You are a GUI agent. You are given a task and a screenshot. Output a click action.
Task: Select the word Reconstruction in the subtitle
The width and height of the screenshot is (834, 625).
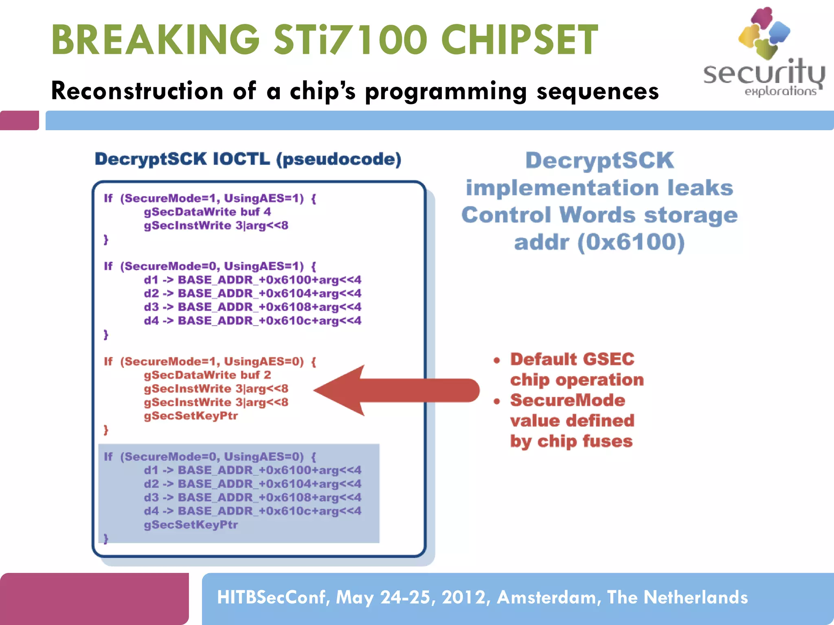point(137,90)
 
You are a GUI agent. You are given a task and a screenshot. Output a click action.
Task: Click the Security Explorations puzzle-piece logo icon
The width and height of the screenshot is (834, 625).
point(764,33)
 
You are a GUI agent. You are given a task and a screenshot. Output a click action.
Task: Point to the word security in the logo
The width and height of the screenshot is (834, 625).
point(763,73)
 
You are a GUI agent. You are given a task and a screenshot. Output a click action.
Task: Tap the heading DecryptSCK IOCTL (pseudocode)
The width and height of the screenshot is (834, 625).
point(248,159)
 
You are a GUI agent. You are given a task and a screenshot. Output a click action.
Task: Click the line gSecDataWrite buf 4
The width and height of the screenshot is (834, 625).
point(207,212)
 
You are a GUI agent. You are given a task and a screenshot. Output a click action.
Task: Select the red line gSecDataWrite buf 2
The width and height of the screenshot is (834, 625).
point(207,375)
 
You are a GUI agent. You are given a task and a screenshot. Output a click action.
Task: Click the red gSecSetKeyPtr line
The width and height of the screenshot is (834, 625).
point(191,416)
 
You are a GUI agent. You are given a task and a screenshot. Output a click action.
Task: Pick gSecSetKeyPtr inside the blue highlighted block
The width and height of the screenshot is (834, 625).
point(191,524)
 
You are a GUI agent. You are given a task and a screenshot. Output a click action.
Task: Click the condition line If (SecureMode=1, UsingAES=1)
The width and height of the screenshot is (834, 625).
point(210,198)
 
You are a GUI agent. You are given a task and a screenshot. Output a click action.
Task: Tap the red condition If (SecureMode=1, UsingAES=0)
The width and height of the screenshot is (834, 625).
point(210,361)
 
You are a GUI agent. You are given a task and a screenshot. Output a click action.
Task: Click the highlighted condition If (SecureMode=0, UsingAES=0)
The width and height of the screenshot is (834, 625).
point(210,457)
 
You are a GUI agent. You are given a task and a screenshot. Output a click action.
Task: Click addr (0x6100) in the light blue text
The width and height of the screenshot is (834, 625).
point(599,242)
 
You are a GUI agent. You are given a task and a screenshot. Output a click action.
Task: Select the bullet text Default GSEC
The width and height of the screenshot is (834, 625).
point(572,359)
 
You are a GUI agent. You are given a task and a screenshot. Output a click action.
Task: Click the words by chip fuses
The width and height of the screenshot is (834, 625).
point(571,441)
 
